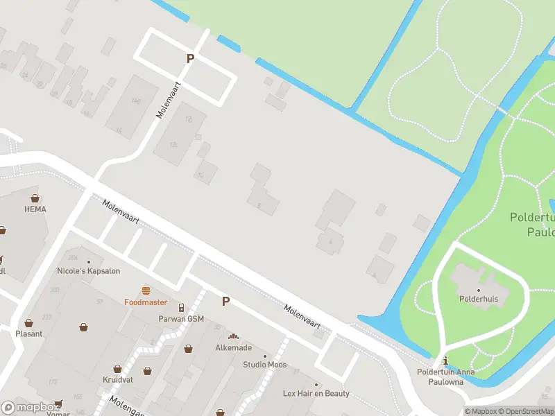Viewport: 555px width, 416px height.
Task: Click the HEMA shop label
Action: [x=35, y=208]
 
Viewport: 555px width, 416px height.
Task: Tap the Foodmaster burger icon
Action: [x=146, y=291]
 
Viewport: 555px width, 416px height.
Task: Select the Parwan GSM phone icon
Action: [x=182, y=308]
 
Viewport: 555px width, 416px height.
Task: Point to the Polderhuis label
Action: [x=478, y=300]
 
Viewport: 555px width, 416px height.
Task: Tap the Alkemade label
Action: [x=233, y=347]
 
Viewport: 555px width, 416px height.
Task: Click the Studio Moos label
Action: [x=264, y=365]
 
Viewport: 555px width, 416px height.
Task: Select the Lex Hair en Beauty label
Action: [x=316, y=393]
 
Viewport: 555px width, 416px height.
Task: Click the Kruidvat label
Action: [x=117, y=381]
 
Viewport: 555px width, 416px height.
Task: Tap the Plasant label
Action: [x=29, y=333]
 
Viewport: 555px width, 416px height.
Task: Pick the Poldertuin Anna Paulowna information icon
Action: [x=445, y=361]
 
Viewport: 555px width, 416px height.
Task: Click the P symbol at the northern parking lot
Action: [x=189, y=59]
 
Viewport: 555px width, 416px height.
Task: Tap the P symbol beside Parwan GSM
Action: [x=225, y=302]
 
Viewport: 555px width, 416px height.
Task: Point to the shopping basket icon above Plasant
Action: [x=29, y=323]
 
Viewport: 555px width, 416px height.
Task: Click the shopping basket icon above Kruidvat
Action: [x=118, y=370]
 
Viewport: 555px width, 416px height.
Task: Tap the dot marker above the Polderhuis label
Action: [x=478, y=290]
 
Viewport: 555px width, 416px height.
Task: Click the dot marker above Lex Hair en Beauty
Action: [x=316, y=385]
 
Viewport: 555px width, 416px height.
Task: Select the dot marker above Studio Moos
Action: [x=264, y=356]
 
